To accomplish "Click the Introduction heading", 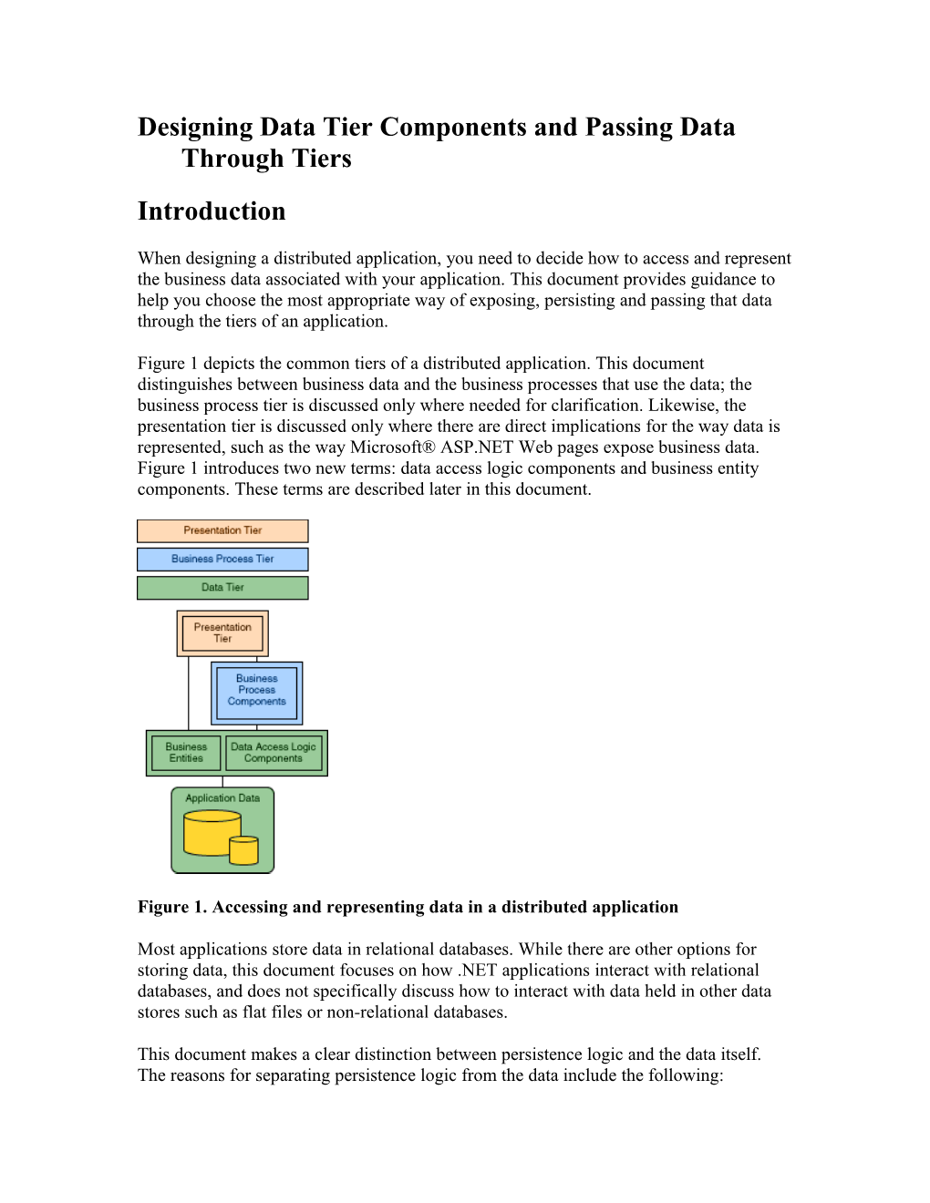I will click(212, 211).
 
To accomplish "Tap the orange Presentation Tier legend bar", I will click(222, 530).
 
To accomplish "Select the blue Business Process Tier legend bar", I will click(222, 559).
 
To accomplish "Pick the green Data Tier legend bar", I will click(222, 588).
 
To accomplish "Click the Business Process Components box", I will click(256, 691).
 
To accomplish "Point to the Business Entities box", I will click(185, 753).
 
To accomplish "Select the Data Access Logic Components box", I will click(274, 753).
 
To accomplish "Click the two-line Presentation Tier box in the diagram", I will click(222, 633).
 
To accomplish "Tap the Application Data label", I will click(222, 798).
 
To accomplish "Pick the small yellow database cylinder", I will click(243, 850).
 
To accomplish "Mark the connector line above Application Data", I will click(222, 782).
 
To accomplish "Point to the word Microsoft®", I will click(392, 447).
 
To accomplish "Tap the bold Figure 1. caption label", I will click(172, 907).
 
